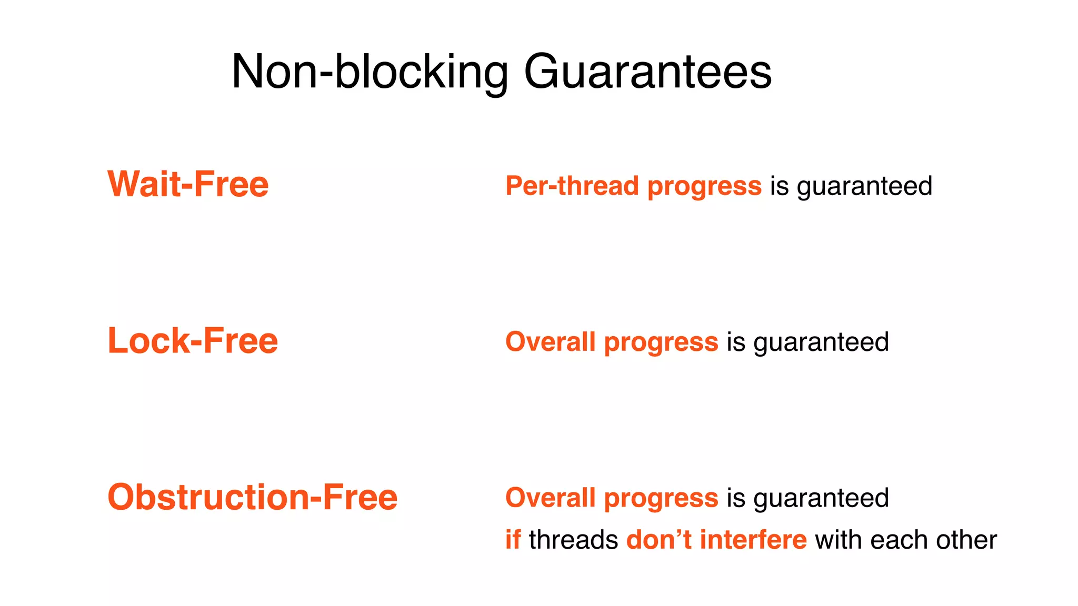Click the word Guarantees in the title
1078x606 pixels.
(x=647, y=72)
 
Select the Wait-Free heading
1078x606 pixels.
(x=188, y=184)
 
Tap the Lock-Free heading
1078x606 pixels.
(x=193, y=340)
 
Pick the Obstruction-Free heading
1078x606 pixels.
(x=252, y=497)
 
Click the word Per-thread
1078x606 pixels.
(x=572, y=186)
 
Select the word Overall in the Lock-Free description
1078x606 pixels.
(x=550, y=342)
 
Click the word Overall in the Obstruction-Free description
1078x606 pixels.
(x=550, y=498)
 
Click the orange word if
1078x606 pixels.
(x=513, y=540)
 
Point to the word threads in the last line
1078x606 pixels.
(x=573, y=540)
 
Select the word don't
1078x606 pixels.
(x=658, y=540)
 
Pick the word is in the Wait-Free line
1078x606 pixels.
(x=780, y=186)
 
